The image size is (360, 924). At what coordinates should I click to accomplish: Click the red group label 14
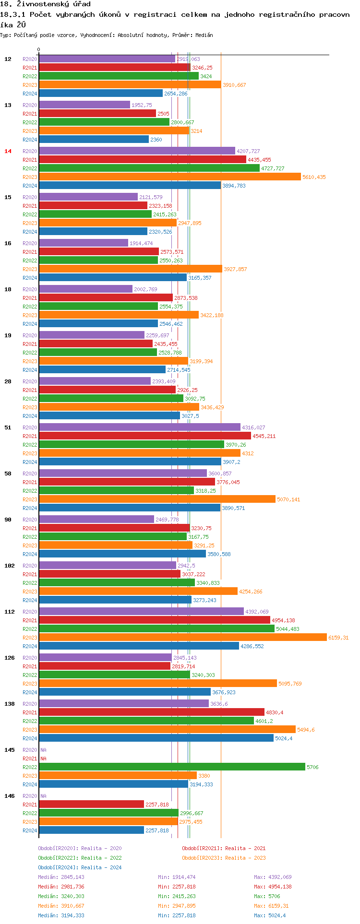(8, 151)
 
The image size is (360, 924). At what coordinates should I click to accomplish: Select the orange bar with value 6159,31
(182, 637)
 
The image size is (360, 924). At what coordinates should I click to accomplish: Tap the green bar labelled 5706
(172, 767)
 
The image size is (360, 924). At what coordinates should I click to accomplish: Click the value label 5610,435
(314, 177)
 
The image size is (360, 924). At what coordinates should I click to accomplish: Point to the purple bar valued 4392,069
(141, 611)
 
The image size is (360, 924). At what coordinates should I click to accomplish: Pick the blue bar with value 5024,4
(156, 738)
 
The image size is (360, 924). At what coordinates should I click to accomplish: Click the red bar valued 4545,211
(144, 436)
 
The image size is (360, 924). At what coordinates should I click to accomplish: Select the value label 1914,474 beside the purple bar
(141, 243)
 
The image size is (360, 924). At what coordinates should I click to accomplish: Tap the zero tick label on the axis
(39, 49)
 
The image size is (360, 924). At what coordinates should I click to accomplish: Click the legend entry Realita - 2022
(80, 858)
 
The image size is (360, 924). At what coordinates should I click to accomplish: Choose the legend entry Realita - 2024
(80, 867)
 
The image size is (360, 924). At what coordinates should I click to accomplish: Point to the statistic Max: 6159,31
(273, 906)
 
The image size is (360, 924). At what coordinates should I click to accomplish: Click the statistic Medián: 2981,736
(61, 887)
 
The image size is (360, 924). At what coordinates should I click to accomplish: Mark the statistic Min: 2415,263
(177, 896)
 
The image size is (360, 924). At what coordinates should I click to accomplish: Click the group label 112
(10, 612)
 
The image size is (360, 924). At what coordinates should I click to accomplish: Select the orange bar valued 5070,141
(157, 499)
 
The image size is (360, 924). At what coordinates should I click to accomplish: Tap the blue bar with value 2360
(94, 139)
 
